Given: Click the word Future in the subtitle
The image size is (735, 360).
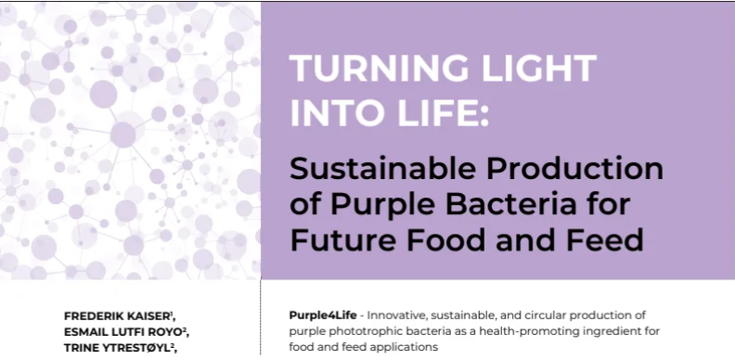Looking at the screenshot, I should click(x=345, y=240).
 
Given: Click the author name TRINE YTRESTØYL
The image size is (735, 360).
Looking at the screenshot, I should click(x=118, y=346).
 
